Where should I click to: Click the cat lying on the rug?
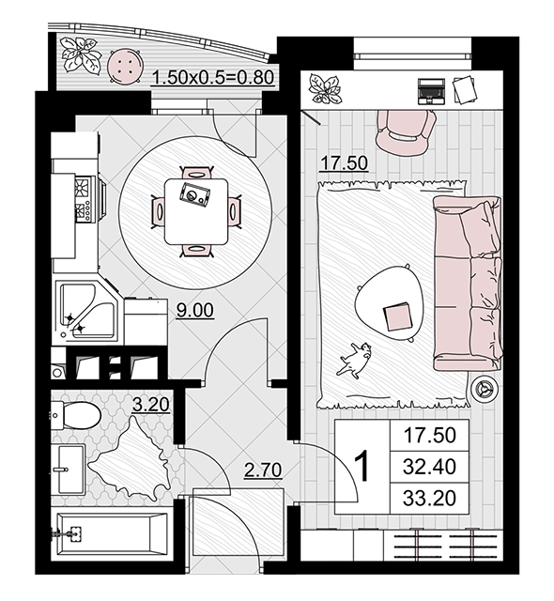pos(354,360)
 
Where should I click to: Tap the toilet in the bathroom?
pos(76,415)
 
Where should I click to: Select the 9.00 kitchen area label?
pos(194,310)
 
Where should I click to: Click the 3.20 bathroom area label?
pos(150,405)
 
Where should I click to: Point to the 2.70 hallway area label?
pos(263,470)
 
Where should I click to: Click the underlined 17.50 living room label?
pos(344,162)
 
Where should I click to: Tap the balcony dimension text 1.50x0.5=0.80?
pos(213,77)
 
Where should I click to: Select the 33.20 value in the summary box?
pos(429,499)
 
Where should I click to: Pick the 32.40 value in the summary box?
pos(429,467)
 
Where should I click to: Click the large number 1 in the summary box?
pos(362,467)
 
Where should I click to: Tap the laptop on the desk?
pos(431,91)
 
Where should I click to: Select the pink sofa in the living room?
pos(467,284)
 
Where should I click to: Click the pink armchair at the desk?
pos(406,131)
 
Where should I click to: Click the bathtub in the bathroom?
pos(112,533)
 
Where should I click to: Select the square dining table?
pos(195,211)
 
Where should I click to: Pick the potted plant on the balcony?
pos(82,54)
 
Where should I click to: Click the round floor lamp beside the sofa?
pos(484,389)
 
